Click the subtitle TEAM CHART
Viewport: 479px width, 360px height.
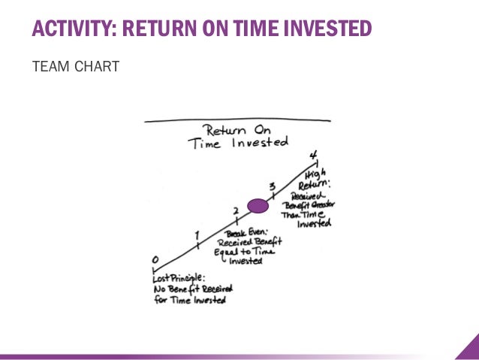pyautogui.click(x=75, y=68)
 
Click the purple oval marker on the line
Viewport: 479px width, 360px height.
pyautogui.click(x=258, y=205)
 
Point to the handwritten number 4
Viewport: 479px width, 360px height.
pyautogui.click(x=313, y=155)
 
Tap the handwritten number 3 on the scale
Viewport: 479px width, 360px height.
pyautogui.click(x=273, y=186)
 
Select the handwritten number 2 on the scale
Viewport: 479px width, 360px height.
pyautogui.click(x=236, y=211)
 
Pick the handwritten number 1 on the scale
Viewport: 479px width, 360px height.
pyautogui.click(x=197, y=234)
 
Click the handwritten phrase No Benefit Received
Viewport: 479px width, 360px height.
pyautogui.click(x=193, y=288)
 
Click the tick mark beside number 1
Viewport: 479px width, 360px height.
pyautogui.click(x=197, y=244)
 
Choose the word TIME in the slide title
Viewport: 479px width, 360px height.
pyautogui.click(x=260, y=29)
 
